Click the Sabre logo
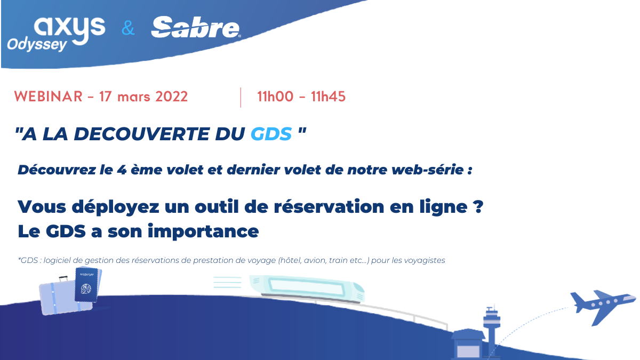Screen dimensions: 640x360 pyautogui.click(x=195, y=27)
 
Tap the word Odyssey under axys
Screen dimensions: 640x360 pyautogui.click(x=37, y=45)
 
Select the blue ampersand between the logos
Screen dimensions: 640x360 pyautogui.click(x=128, y=28)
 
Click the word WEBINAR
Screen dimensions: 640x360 pyautogui.click(x=49, y=97)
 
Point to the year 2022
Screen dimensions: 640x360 pyautogui.click(x=171, y=97)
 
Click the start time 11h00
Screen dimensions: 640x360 pyautogui.click(x=275, y=97)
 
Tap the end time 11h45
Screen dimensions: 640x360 pyautogui.click(x=329, y=97)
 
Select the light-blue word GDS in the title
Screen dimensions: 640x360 pyautogui.click(x=271, y=134)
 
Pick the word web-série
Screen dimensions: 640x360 pyautogui.click(x=427, y=170)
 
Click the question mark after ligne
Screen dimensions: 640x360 pyautogui.click(x=478, y=206)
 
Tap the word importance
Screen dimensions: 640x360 pyautogui.click(x=203, y=231)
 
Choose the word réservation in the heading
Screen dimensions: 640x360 pyautogui.click(x=329, y=206)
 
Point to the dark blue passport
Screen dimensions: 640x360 pyautogui.click(x=86, y=285)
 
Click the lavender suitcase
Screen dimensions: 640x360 pyautogui.click(x=65, y=297)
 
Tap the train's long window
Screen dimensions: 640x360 pyautogui.click(x=307, y=287)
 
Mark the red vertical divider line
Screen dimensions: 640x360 pyautogui.click(x=241, y=98)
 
